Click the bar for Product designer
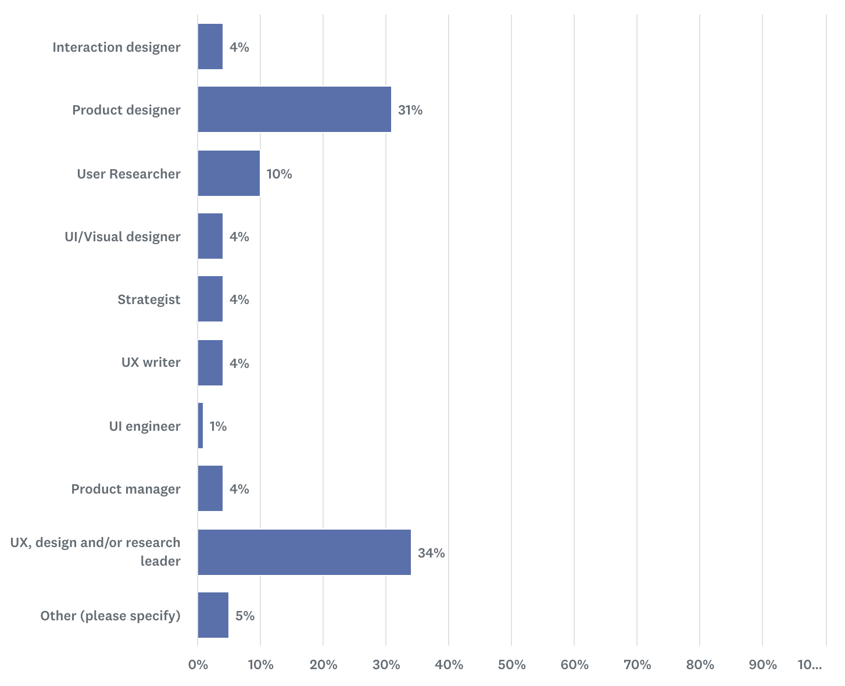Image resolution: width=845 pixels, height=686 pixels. point(294,109)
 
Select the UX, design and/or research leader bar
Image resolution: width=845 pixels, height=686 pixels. point(304,552)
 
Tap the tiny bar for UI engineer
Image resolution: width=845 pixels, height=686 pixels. point(200,426)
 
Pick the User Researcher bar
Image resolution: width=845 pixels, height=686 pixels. point(228,173)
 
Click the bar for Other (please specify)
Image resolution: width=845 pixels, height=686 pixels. point(213,615)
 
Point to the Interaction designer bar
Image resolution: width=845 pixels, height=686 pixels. point(210,47)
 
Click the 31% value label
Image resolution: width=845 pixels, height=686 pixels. point(410,110)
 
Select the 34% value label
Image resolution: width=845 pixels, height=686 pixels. point(431,553)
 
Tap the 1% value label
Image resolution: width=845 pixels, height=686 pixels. point(218,426)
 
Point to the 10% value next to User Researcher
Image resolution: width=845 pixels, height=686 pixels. point(279,174)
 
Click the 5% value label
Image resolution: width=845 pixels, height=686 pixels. point(245,616)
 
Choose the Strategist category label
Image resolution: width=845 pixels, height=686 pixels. point(149,299)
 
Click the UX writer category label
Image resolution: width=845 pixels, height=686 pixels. point(151,362)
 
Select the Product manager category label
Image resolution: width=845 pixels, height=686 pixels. point(126,489)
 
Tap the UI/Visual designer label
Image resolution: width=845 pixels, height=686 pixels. point(122,237)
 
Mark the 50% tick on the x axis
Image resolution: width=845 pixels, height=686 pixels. point(511,664)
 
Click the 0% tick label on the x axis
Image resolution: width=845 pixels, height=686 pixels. point(198,664)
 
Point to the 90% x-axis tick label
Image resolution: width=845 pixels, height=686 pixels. point(762,664)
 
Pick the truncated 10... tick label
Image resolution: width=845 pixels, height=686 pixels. point(810,664)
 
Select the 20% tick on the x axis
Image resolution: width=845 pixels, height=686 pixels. point(323,664)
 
